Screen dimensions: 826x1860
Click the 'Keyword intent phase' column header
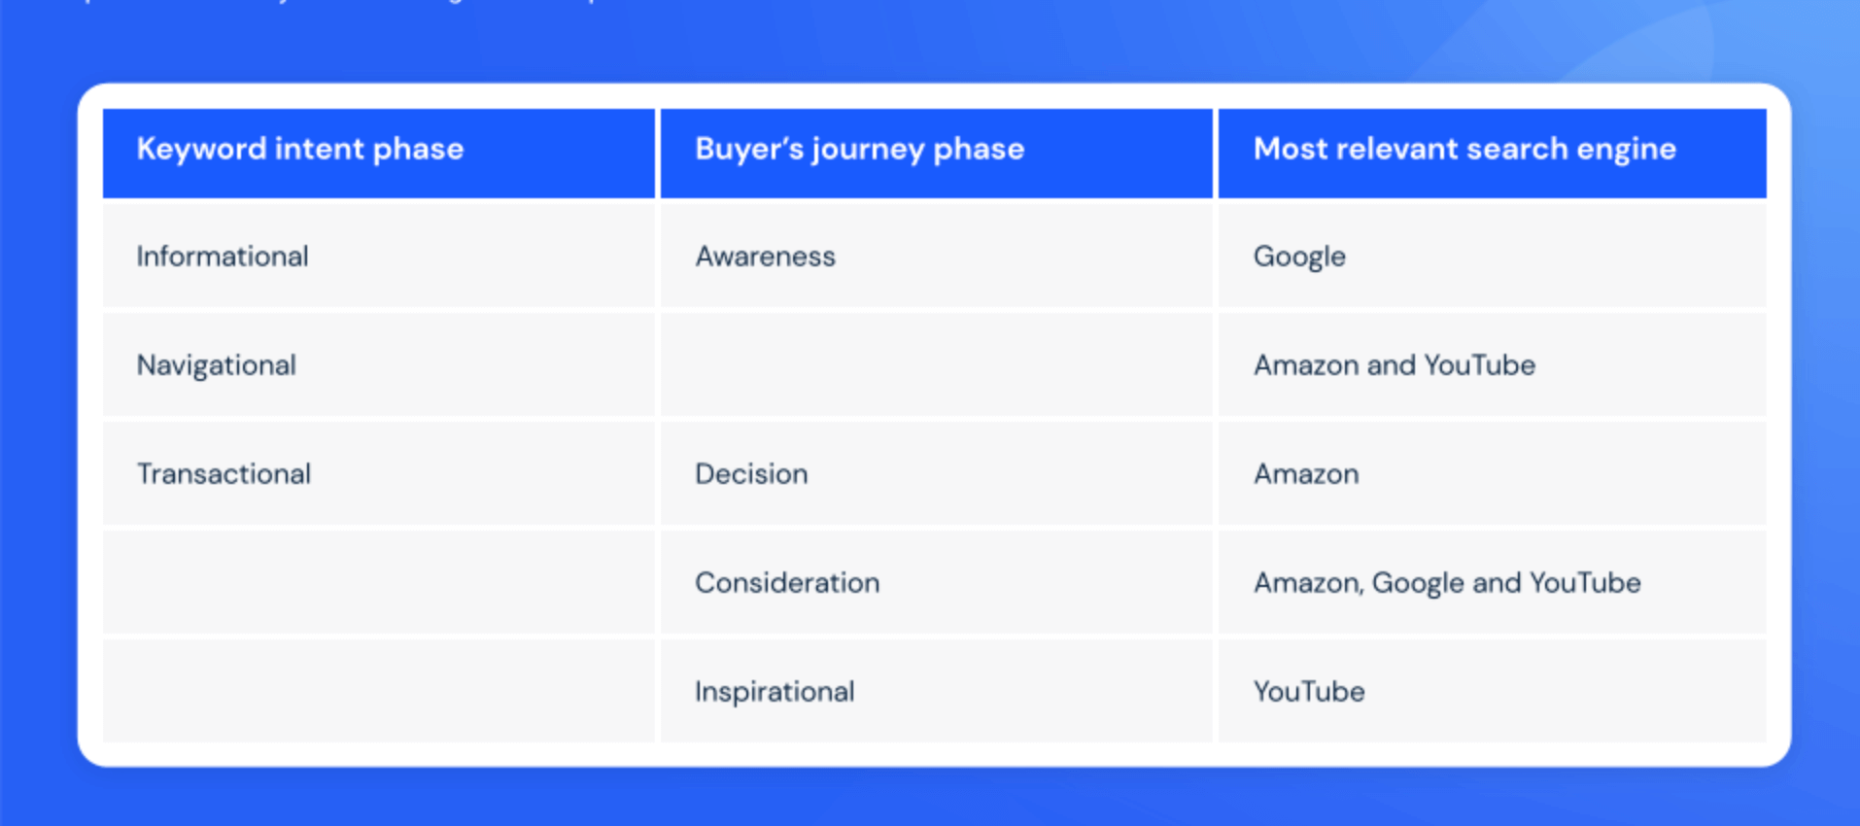[x=300, y=149]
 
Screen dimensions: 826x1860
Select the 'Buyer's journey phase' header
[x=859, y=149]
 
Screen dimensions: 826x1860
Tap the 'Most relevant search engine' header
[x=1464, y=149]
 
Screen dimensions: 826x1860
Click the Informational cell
[x=223, y=257]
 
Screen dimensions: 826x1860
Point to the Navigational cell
[x=217, y=365]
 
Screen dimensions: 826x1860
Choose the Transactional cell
[x=224, y=474]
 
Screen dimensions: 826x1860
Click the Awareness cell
[x=765, y=257]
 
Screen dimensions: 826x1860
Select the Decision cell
[x=751, y=474]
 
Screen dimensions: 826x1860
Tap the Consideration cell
[x=787, y=583]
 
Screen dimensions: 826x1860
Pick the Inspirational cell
[x=775, y=692]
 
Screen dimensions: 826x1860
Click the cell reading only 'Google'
[x=1299, y=257]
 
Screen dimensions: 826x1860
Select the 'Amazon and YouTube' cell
[x=1394, y=365]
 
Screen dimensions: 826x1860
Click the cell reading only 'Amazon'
[x=1306, y=474]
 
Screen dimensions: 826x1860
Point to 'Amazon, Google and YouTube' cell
[x=1446, y=583]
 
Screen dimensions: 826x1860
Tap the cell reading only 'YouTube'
[x=1309, y=692]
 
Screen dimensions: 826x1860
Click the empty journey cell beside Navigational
[x=936, y=365]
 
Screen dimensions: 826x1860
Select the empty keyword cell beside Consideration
[x=378, y=583]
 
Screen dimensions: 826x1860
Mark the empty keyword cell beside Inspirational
[x=378, y=692]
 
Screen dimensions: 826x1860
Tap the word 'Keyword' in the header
[x=201, y=149]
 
